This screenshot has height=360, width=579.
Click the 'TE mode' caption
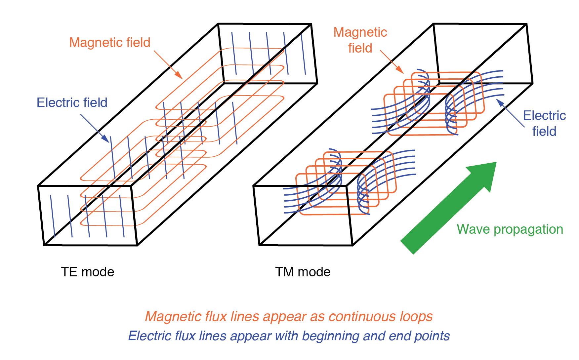87,272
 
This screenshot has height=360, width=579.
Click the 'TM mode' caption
303,272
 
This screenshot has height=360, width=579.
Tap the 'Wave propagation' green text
510,229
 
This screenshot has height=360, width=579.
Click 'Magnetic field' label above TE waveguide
110,43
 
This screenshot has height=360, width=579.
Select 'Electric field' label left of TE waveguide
72,103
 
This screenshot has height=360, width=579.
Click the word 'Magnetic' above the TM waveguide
360,32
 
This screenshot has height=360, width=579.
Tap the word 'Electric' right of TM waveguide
544,116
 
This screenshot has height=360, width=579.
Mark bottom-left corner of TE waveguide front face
44,245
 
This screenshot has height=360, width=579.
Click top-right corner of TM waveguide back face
526,24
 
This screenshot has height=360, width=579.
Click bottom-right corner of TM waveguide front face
353,245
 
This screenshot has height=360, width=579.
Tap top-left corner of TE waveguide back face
218,24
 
